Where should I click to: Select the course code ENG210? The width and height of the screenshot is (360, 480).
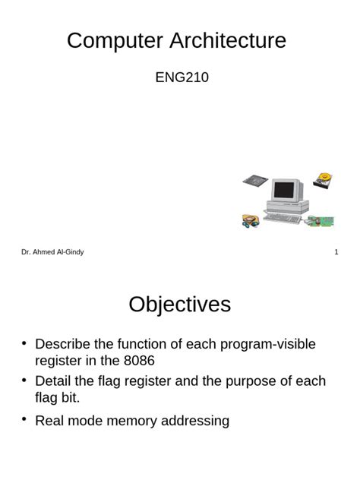tap(182, 78)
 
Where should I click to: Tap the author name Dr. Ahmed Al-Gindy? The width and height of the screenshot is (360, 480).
tap(52, 252)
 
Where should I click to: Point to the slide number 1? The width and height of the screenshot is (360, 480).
tap(336, 252)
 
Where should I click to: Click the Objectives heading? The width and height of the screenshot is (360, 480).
tap(179, 305)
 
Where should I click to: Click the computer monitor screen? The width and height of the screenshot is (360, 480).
tap(283, 190)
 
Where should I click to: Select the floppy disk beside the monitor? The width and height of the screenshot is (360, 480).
tap(254, 181)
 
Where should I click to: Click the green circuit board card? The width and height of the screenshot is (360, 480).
tap(319, 222)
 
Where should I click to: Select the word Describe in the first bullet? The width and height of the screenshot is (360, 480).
tap(63, 344)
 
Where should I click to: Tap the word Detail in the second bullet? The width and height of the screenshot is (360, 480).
tap(54, 381)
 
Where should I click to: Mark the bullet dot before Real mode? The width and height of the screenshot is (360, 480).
tap(24, 418)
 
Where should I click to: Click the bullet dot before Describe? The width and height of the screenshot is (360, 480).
tap(24, 343)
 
